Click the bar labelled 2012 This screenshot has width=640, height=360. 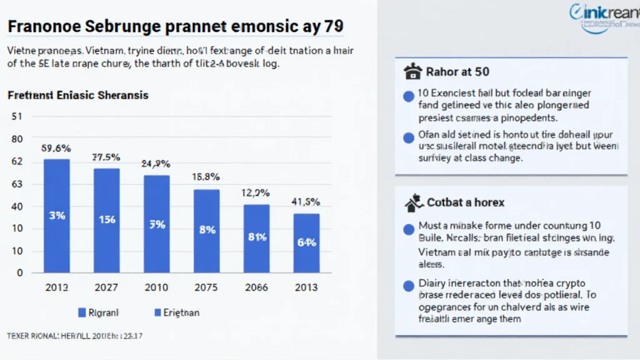coord(57,216)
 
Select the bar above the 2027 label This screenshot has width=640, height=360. coord(106,220)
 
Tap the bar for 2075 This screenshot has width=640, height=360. coord(206,231)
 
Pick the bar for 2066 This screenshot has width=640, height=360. coord(256,238)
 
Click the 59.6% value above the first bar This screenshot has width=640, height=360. coord(56,149)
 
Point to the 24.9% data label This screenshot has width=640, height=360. coord(156,164)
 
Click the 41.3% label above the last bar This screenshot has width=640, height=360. coord(306,202)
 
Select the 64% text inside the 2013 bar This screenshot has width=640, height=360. coord(306,242)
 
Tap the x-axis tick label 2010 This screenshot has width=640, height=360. coord(156,287)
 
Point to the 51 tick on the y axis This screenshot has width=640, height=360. coord(17,116)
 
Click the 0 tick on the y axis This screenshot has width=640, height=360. coord(19,272)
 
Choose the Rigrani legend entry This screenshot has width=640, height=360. coord(99,312)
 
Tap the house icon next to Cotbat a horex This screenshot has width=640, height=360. coord(412,202)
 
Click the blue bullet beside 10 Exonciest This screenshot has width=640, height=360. coord(409,96)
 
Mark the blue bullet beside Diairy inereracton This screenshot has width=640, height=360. coord(409,286)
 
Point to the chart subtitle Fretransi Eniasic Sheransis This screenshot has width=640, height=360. coord(78,96)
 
